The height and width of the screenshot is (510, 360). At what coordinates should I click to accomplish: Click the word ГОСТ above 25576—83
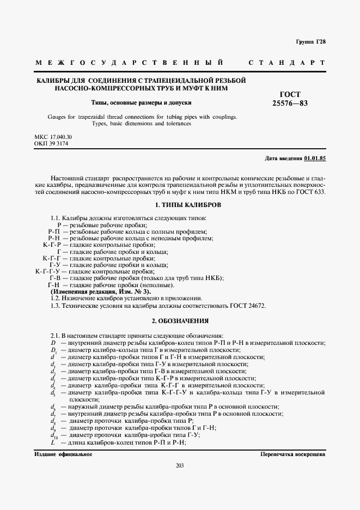[290, 94]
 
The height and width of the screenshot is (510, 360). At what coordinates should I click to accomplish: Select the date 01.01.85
[315, 158]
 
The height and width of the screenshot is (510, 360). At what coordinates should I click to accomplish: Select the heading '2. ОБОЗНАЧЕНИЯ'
[180, 321]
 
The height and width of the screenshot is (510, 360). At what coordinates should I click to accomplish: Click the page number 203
[180, 465]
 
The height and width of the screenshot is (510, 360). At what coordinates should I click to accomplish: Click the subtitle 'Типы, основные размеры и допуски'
[141, 102]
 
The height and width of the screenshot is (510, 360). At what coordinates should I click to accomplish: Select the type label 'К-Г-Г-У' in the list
[47, 271]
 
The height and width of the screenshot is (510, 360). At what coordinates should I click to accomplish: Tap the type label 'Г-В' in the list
[55, 278]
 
